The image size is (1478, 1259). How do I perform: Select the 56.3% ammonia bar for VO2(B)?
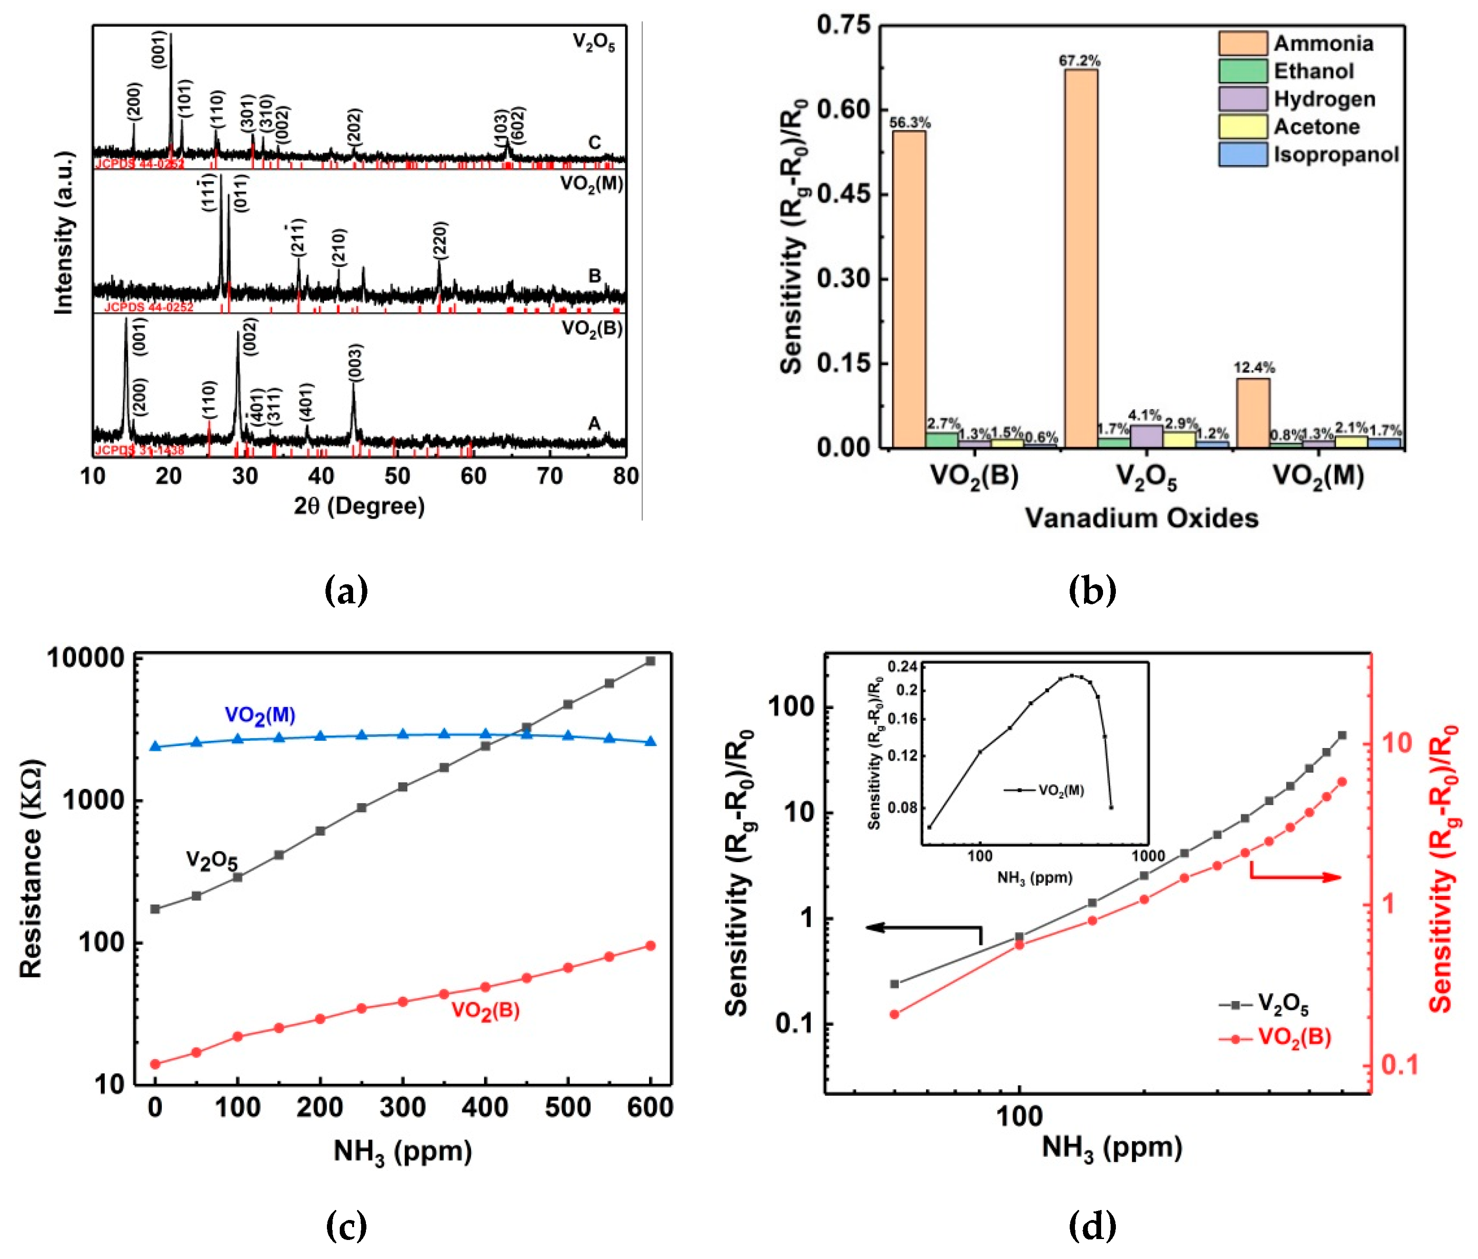click(x=909, y=289)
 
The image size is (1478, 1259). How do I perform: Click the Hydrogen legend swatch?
click(x=1242, y=98)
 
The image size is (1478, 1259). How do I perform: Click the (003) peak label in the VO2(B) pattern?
click(x=355, y=363)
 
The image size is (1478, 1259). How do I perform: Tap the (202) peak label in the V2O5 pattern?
click(x=355, y=126)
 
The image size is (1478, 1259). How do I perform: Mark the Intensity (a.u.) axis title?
click(x=64, y=233)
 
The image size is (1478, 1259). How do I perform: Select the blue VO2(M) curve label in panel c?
click(x=260, y=716)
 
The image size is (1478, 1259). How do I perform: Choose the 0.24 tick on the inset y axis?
click(x=903, y=666)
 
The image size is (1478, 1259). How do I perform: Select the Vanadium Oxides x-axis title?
click(x=1141, y=518)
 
